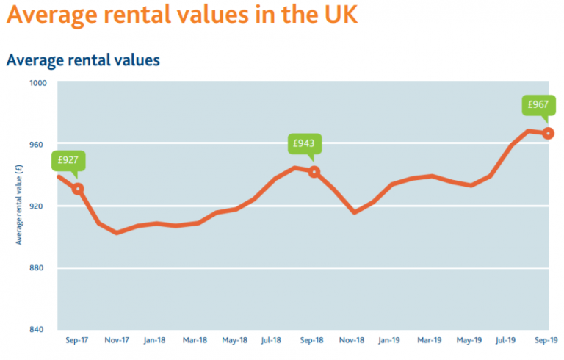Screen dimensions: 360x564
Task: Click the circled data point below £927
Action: pos(78,189)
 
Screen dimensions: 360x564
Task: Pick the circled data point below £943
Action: pos(314,172)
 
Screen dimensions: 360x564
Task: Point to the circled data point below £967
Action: pos(548,133)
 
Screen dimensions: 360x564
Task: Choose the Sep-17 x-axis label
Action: pos(76,341)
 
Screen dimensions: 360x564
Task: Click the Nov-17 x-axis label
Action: pos(116,341)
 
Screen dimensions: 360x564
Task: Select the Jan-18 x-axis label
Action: pos(155,341)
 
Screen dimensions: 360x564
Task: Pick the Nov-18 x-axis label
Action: pos(352,341)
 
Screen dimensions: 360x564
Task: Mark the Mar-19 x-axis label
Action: pos(430,341)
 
